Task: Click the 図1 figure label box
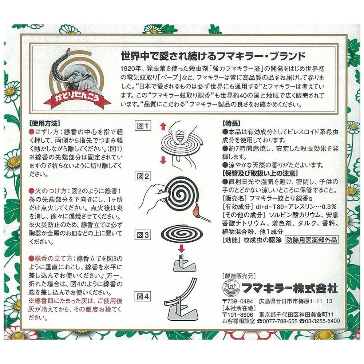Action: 143,126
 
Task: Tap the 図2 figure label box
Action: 143,176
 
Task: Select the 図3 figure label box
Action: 143,235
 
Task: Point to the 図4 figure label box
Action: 143,296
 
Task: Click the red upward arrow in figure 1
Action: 163,127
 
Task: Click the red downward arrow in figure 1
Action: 163,160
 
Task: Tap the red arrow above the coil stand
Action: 181,249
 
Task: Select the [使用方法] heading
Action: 44,123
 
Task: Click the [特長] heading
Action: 232,123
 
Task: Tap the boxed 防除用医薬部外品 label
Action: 311,240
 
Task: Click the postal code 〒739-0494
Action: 237,301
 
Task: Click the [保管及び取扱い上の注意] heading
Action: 260,173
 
